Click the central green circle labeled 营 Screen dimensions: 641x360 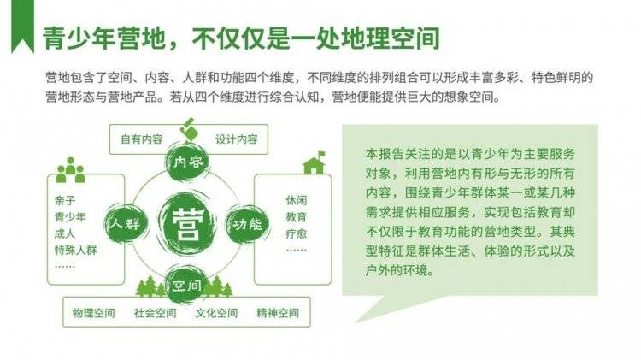(187, 224)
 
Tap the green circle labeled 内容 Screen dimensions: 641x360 (187, 162)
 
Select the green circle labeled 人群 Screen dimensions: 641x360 (125, 224)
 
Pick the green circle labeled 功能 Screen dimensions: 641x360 (248, 224)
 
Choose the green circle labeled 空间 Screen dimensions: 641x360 (186, 285)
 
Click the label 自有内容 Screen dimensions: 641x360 (142, 139)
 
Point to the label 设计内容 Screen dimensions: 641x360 (237, 139)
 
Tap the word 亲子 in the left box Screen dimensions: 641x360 (65, 200)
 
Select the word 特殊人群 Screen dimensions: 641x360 (75, 250)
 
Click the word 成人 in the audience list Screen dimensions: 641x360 (65, 233)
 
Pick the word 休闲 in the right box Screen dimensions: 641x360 (297, 200)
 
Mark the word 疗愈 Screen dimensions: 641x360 (297, 233)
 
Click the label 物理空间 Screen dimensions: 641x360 (94, 313)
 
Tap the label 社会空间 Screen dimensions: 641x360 (156, 313)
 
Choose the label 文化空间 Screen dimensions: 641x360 (217, 313)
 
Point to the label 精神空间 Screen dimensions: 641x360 (278, 313)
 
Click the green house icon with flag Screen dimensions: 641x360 (314, 162)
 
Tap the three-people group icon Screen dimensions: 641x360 (71, 170)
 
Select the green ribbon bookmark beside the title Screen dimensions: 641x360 (22, 27)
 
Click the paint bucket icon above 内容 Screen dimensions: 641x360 (188, 130)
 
